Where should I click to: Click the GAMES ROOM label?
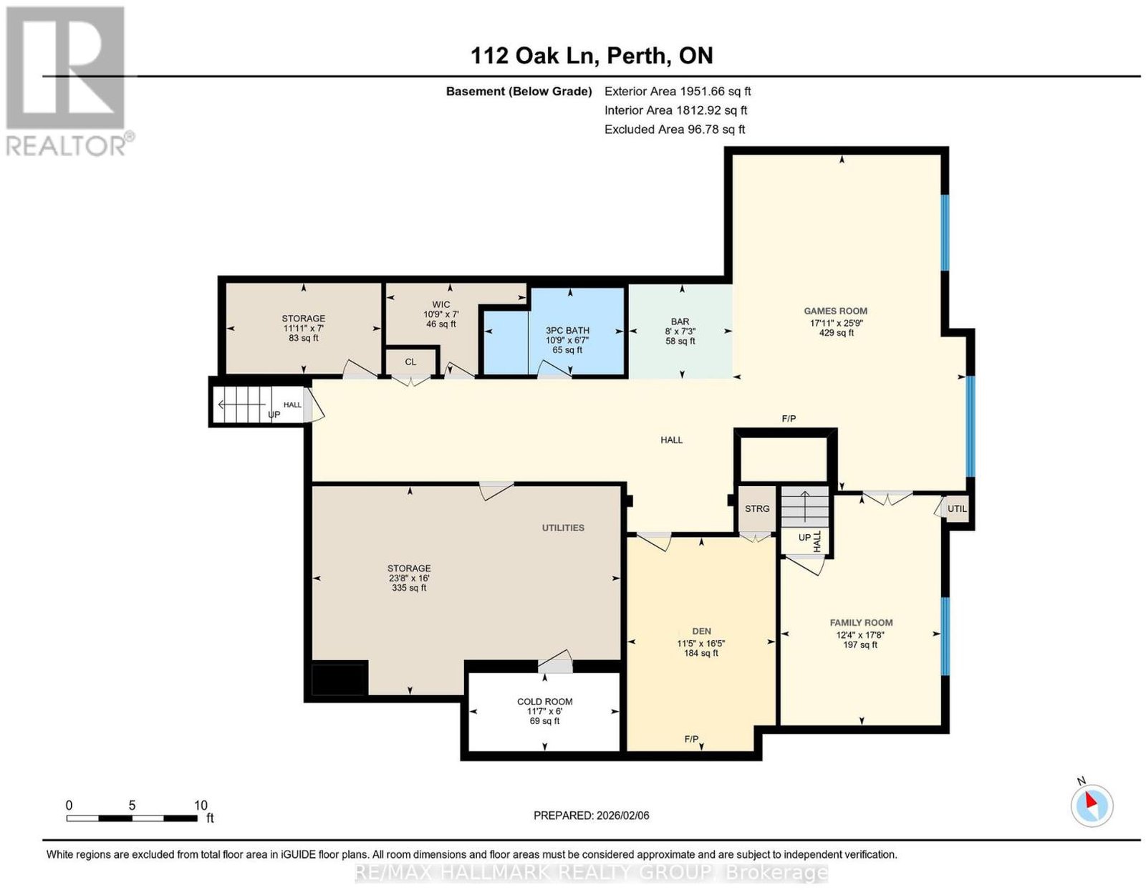point(835,311)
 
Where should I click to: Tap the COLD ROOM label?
point(544,702)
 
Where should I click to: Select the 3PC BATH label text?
point(567,331)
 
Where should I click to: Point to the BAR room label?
point(680,321)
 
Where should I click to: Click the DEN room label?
point(701,632)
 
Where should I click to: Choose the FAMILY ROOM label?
point(861,623)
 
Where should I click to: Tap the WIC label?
point(441,304)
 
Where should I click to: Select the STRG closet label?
point(757,508)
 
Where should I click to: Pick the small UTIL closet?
point(957,508)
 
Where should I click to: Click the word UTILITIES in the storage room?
point(563,528)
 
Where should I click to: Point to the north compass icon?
point(1092,806)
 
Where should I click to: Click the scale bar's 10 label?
point(201,806)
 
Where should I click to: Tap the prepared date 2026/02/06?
point(623,816)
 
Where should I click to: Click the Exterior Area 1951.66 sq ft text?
point(678,91)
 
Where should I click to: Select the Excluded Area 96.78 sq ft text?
point(675,129)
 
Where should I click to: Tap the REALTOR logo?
point(69,82)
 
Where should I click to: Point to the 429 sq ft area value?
point(837,333)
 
